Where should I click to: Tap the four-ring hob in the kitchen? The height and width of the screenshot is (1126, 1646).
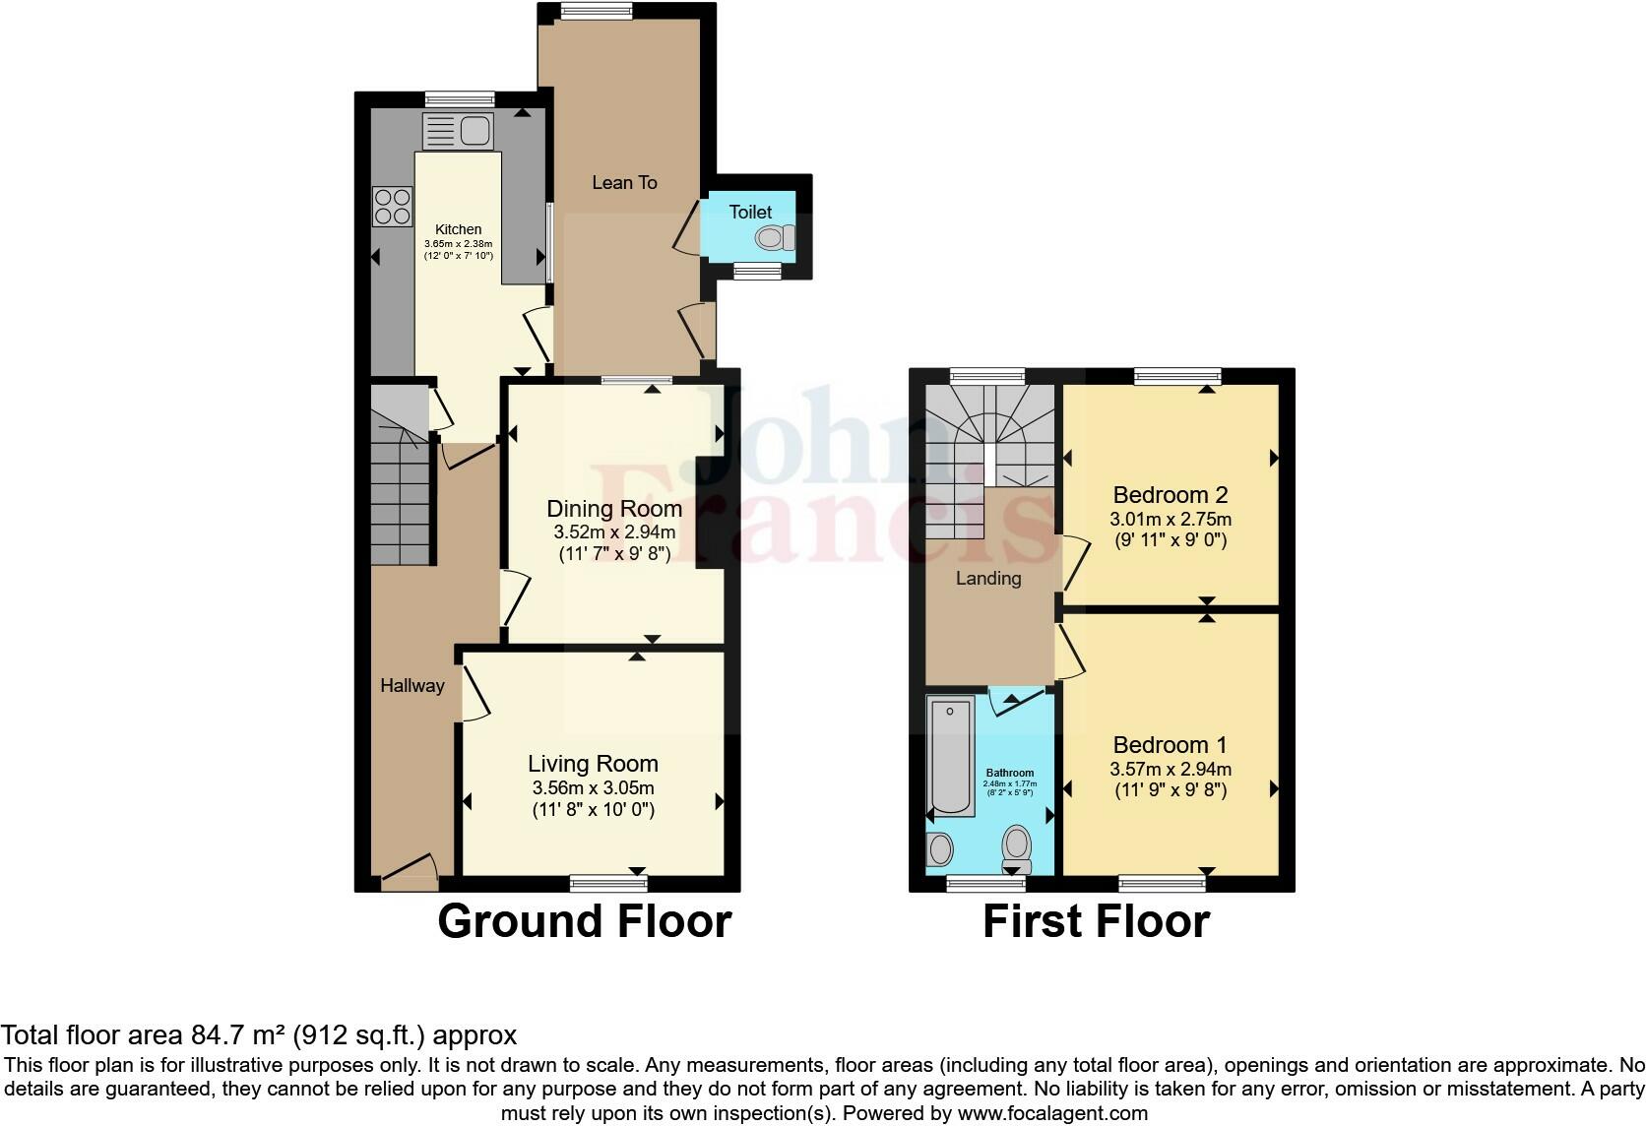click(x=392, y=206)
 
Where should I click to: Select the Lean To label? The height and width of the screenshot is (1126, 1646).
click(x=624, y=182)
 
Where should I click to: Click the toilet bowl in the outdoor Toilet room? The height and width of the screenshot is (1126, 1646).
click(x=774, y=237)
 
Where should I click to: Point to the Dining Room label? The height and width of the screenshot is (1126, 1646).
click(x=614, y=509)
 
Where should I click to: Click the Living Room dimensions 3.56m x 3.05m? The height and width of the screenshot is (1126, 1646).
click(x=593, y=788)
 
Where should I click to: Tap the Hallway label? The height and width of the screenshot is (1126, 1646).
click(x=412, y=686)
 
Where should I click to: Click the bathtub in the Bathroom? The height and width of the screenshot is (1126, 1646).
click(x=951, y=756)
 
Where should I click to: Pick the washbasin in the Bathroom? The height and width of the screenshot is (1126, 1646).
click(x=940, y=847)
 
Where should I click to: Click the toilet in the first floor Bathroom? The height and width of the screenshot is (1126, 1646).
click(x=1016, y=847)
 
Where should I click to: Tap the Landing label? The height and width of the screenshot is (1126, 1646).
click(x=988, y=579)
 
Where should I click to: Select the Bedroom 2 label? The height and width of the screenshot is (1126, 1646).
click(x=1171, y=495)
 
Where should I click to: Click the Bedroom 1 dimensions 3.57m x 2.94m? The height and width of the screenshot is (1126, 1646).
click(x=1171, y=770)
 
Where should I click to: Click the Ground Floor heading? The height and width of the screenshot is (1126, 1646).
click(x=585, y=921)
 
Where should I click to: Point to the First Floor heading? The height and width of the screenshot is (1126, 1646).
click(x=1096, y=921)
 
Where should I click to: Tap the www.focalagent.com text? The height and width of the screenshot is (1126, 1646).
click(x=1051, y=1114)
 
